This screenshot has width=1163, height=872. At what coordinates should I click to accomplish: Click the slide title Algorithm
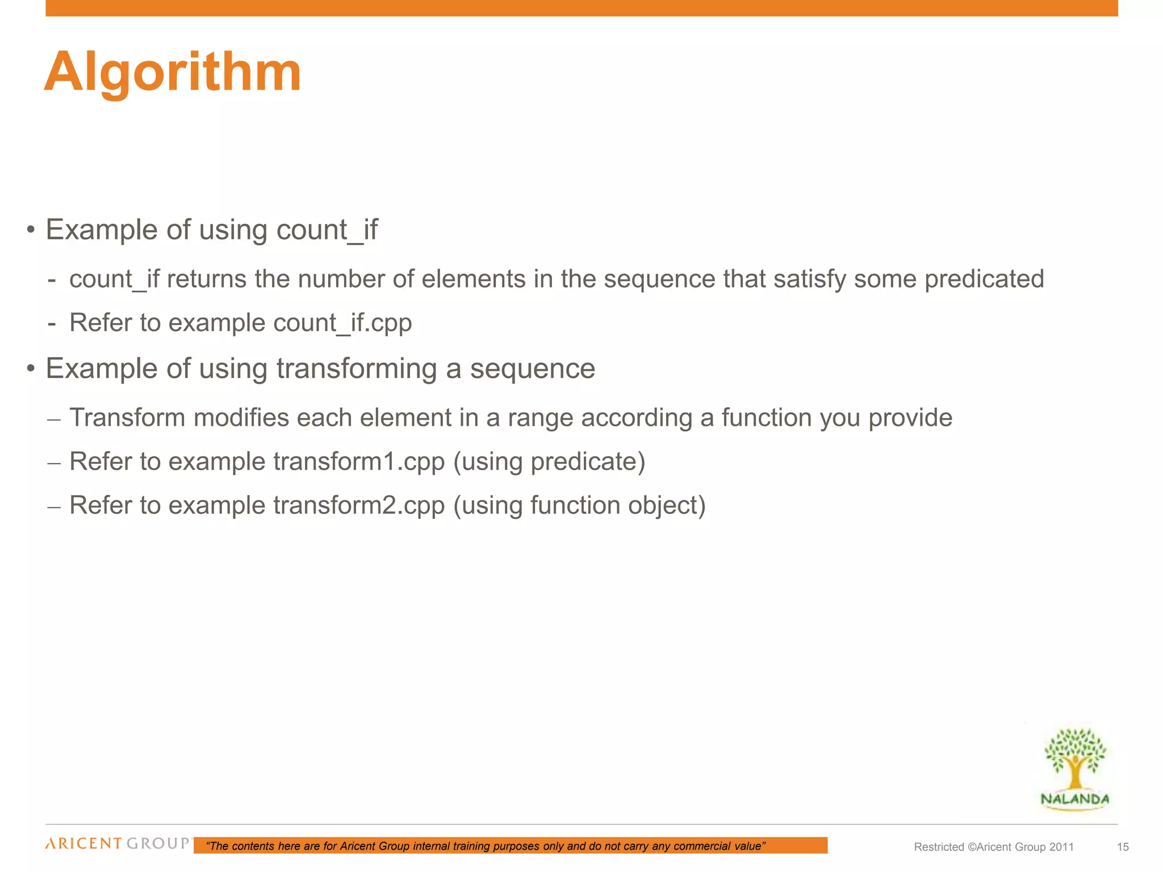click(173, 73)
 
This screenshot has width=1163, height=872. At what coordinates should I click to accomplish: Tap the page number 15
click(1123, 847)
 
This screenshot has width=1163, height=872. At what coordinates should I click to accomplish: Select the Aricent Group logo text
click(118, 843)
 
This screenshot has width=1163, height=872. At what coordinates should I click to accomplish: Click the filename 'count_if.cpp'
click(342, 323)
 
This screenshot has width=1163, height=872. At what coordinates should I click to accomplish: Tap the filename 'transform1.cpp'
click(359, 462)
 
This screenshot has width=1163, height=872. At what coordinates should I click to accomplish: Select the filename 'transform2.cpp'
click(359, 505)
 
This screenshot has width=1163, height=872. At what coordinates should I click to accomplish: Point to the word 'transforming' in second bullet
click(357, 369)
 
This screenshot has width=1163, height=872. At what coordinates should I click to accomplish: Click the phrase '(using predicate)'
click(549, 462)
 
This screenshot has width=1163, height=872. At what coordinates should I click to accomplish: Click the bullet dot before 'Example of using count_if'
click(31, 230)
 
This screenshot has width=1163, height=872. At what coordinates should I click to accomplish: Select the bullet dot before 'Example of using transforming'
click(31, 369)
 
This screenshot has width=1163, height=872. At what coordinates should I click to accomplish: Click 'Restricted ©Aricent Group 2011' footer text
click(994, 847)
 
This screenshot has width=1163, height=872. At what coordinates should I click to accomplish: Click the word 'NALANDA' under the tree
click(1074, 799)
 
